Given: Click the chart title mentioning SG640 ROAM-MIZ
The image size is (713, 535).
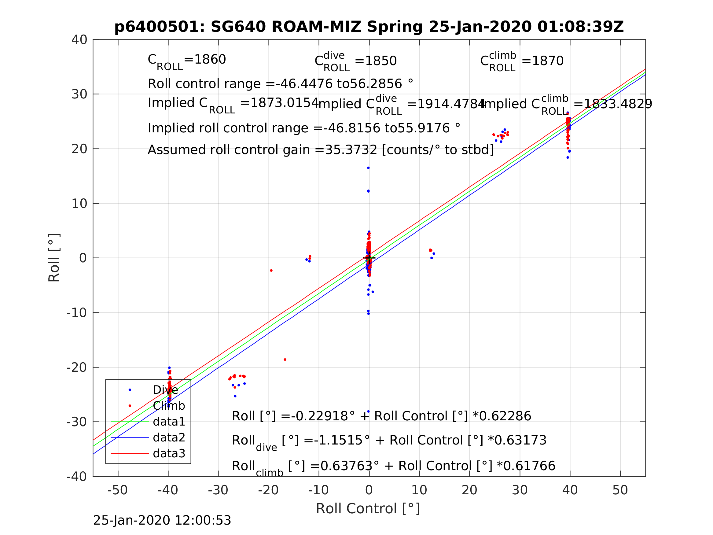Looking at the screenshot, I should [x=369, y=27].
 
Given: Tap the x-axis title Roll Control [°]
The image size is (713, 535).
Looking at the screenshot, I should [x=368, y=509].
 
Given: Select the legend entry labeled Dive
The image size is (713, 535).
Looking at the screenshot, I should [x=165, y=390].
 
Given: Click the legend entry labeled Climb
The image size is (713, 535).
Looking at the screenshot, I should [x=169, y=406].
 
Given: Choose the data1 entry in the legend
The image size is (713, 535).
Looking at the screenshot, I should [x=169, y=422].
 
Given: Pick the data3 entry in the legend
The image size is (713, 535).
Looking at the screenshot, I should [x=169, y=453].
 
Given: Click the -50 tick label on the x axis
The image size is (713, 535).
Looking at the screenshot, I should [x=117, y=490].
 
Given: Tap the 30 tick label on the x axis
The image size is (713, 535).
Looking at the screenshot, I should [x=520, y=490].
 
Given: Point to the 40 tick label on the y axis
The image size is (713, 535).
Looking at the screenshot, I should [x=79, y=40].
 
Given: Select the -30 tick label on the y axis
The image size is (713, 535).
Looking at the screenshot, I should [x=77, y=422].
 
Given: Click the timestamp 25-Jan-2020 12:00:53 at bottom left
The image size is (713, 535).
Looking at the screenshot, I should [x=162, y=520].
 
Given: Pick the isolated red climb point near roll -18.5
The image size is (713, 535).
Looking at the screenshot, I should [x=285, y=360].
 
